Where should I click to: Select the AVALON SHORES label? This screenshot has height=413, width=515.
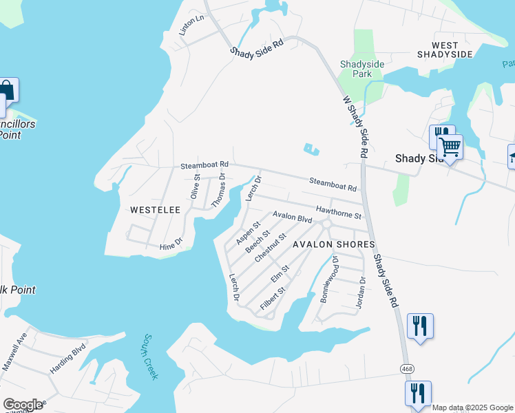click(x=334, y=244)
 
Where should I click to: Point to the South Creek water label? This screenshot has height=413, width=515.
click(x=151, y=357)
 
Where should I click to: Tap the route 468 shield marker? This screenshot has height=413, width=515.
click(x=408, y=370)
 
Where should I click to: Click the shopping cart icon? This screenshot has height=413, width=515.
click(x=450, y=147)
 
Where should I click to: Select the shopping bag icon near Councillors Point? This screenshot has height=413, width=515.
click(x=6, y=90)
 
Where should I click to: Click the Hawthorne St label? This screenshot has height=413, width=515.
click(x=339, y=211)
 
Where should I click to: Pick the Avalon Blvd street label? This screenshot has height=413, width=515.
click(x=292, y=218)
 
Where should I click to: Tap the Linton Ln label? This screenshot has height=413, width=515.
click(x=192, y=25)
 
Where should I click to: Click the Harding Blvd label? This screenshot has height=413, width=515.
click(x=66, y=359)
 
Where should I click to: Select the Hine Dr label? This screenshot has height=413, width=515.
click(x=170, y=242)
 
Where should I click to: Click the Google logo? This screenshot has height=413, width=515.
click(x=23, y=405)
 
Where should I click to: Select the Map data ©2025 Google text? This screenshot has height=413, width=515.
click(x=472, y=407)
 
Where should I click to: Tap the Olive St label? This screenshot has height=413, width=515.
click(x=196, y=187)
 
